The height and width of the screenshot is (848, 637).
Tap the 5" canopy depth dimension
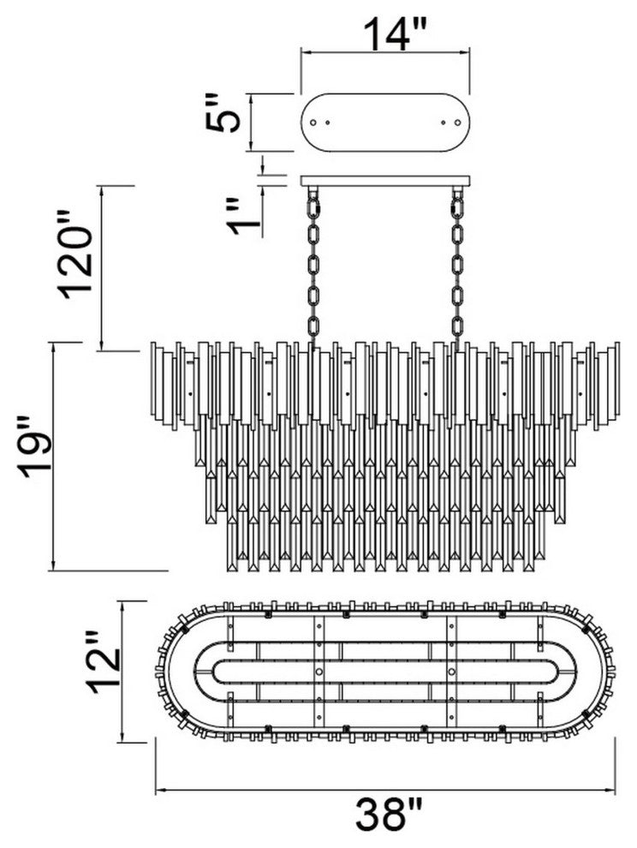(x=222, y=113)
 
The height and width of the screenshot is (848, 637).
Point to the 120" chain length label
(x=74, y=254)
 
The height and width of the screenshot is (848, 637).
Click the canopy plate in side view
(x=385, y=181)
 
